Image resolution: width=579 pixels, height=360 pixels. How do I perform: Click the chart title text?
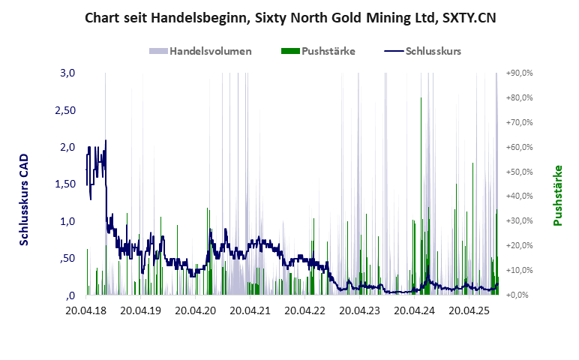tap(289, 16)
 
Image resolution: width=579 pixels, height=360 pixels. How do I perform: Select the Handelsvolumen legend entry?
tap(200, 51)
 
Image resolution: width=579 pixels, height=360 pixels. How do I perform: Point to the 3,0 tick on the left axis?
tap(68, 73)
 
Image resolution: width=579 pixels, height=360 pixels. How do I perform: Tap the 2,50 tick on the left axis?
tap(66, 110)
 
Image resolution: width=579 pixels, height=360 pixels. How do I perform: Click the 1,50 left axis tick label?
tap(66, 184)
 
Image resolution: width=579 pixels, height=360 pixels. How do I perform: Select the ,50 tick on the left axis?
tap(68, 258)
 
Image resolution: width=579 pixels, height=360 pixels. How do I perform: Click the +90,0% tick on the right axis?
tap(518, 73)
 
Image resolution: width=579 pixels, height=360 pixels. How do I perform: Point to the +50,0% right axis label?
tap(518, 172)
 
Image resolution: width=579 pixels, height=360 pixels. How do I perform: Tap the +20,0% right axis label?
tap(518, 245)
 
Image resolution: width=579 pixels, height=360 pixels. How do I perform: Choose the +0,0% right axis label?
tap(520, 295)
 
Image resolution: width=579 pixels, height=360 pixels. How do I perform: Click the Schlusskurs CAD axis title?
tap(25, 200)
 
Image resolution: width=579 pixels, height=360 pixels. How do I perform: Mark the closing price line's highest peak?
tap(105, 140)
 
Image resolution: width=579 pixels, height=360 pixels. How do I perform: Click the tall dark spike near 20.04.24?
tap(421, 98)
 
